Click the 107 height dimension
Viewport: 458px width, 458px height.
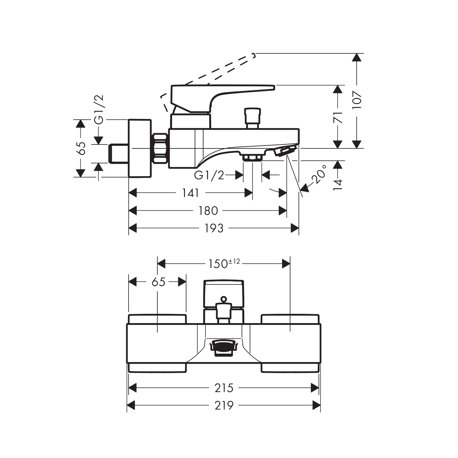pyautogui.click(x=357, y=100)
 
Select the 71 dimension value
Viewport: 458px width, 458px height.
pyautogui.click(x=338, y=117)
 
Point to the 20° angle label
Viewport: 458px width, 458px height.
pyautogui.click(x=319, y=174)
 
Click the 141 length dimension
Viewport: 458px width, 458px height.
pyautogui.click(x=191, y=193)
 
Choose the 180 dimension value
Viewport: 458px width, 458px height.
pyautogui.click(x=208, y=211)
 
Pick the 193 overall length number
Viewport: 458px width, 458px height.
pyautogui.click(x=214, y=228)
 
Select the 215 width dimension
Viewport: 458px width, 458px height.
pyautogui.click(x=224, y=388)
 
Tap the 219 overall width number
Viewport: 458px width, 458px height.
pyautogui.click(x=224, y=406)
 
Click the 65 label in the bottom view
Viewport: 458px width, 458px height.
pyautogui.click(x=158, y=282)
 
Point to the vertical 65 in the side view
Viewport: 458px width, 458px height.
pyautogui.click(x=81, y=148)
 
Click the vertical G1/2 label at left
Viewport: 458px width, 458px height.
pyautogui.click(x=99, y=109)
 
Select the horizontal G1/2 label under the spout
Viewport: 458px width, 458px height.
pyautogui.click(x=209, y=175)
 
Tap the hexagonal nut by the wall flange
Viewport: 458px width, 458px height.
pyautogui.click(x=161, y=148)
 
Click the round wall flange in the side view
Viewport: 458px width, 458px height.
pyautogui.click(x=140, y=148)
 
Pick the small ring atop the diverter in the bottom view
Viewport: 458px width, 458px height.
pyautogui.click(x=224, y=299)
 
